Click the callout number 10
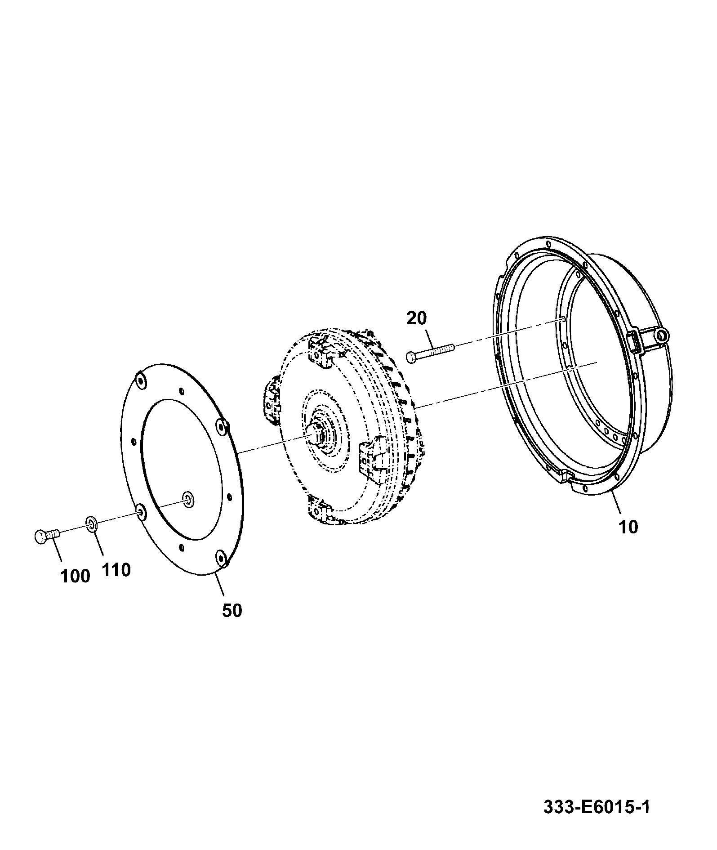pyautogui.click(x=628, y=527)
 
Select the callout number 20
pyautogui.click(x=417, y=318)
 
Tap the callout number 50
pyautogui.click(x=232, y=610)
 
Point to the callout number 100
pyautogui.click(x=75, y=576)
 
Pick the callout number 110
pyautogui.click(x=116, y=570)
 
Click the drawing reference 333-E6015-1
pyautogui.click(x=597, y=807)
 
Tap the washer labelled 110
pyautogui.click(x=92, y=523)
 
